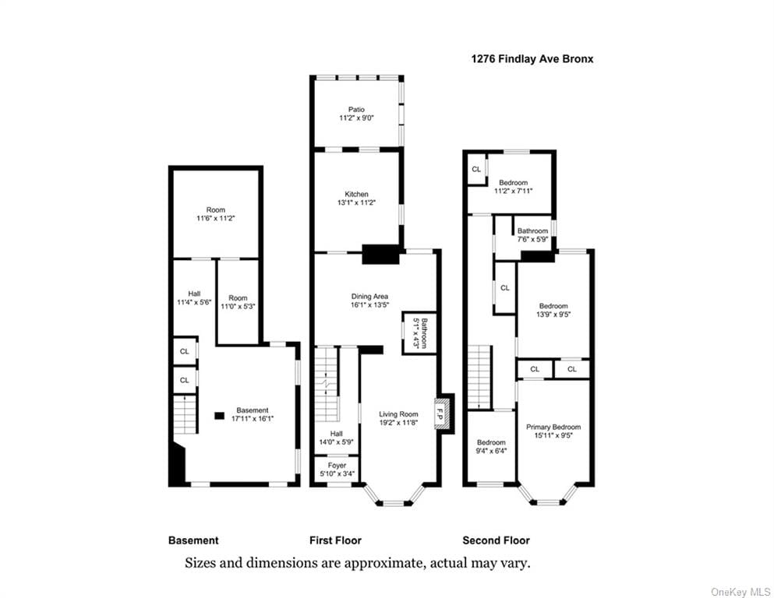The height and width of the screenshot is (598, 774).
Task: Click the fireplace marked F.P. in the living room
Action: [439, 413]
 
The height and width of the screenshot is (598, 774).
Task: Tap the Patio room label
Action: [356, 110]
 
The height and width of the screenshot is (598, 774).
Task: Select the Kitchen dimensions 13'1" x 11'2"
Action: [356, 202]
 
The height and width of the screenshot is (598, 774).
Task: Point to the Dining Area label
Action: [369, 297]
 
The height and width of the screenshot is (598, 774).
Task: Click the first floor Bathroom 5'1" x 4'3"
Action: [419, 333]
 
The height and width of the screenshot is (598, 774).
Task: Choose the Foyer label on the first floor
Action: [338, 466]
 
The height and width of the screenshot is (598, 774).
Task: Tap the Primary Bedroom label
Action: [553, 427]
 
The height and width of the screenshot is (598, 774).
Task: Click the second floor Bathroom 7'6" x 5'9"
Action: [532, 234]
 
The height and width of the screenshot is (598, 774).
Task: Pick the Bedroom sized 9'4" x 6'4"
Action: [491, 446]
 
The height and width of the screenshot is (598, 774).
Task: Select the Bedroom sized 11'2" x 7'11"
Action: [514, 187]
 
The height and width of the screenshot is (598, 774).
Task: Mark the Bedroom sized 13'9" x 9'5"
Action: [553, 310]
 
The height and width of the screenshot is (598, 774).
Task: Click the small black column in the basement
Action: [219, 416]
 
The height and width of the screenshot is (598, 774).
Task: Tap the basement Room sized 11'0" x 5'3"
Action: [238, 302]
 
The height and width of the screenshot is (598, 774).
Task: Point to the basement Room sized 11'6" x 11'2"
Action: [216, 213]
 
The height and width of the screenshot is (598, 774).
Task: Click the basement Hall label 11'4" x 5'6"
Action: [194, 297]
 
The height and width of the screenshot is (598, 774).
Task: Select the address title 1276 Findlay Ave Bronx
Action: [532, 59]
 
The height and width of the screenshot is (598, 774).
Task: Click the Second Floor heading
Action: [496, 540]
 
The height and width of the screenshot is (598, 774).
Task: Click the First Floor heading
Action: [336, 540]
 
